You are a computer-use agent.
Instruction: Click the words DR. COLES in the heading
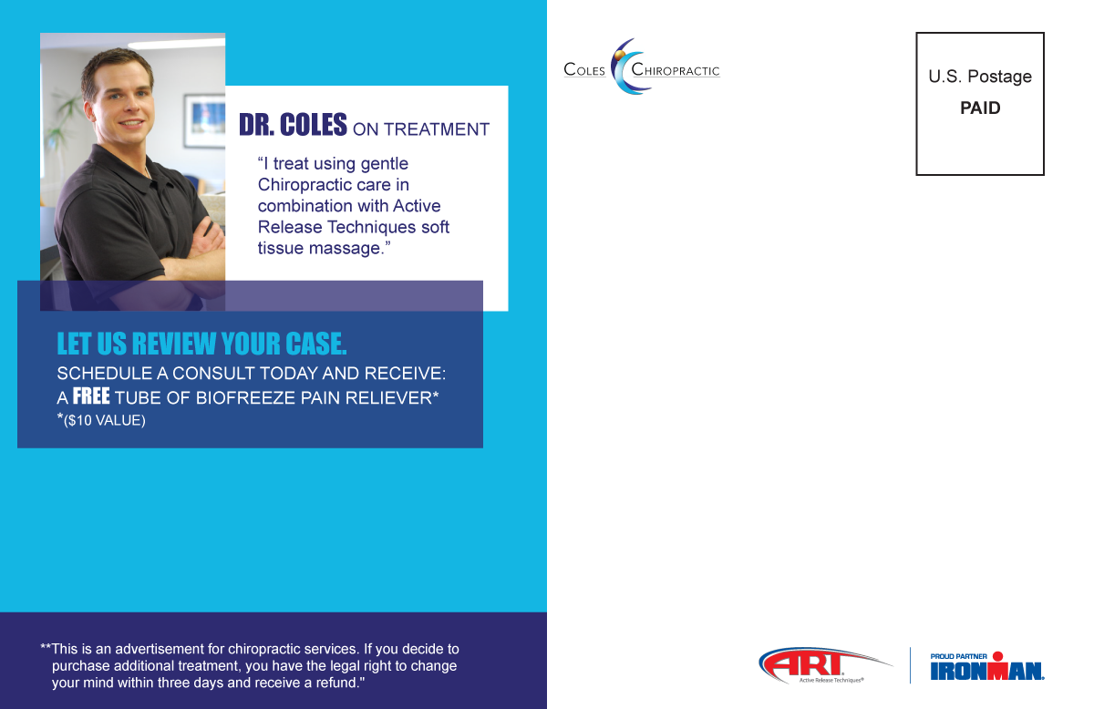click(293, 125)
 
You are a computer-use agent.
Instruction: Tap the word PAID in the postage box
click(980, 108)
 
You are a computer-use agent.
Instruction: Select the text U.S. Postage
click(980, 77)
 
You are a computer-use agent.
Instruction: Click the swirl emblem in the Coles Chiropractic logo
click(628, 65)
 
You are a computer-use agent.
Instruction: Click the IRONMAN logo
click(987, 671)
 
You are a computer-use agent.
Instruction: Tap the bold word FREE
click(91, 396)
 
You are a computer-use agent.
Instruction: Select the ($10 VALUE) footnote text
click(104, 420)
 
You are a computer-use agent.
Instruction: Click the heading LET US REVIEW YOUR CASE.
click(201, 344)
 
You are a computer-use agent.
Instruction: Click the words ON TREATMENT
click(421, 129)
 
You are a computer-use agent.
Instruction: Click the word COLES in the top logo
click(585, 71)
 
